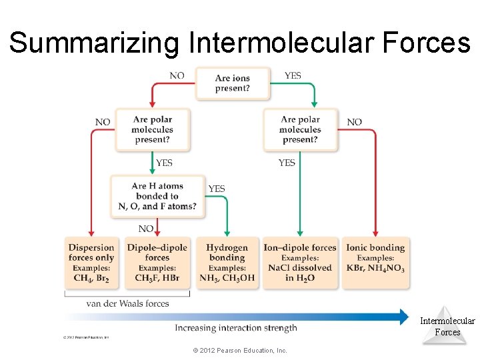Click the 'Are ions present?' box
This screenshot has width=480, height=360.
233,83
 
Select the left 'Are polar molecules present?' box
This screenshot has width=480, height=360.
152,129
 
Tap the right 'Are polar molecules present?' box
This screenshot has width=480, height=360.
300,129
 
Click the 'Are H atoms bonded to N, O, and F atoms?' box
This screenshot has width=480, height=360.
157,196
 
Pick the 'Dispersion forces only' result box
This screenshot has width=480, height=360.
91,263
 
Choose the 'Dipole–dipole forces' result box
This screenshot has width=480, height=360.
157,263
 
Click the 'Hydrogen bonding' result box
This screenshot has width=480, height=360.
227,263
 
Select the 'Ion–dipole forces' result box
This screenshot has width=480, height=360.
300,263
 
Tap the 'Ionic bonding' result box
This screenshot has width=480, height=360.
375,263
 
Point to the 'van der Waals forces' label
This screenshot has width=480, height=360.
127,303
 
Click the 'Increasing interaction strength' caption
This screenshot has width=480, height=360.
236,328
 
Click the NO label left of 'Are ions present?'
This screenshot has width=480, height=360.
177,75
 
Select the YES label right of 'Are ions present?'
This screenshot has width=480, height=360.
293,75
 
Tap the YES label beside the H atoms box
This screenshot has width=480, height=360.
217,189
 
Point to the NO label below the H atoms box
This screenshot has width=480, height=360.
146,229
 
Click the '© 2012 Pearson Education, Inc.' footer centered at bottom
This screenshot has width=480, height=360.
239,350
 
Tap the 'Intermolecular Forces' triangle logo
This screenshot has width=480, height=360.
447,325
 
